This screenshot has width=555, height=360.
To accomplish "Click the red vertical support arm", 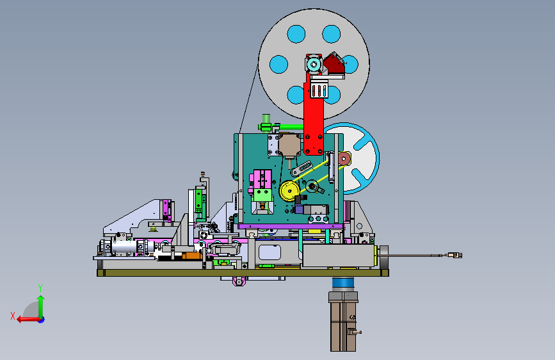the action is click(x=314, y=117).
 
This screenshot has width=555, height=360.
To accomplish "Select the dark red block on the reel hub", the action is click(x=334, y=64).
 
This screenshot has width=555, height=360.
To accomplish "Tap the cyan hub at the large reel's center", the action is click(x=314, y=65).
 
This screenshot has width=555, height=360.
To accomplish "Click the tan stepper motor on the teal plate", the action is click(x=290, y=146).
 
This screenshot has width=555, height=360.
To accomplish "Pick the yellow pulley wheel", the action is click(x=290, y=191).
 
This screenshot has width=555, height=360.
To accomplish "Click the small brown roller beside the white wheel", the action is click(x=344, y=159).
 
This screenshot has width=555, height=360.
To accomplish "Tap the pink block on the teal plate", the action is click(x=262, y=179).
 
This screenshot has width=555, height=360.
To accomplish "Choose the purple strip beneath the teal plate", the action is click(x=291, y=226).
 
